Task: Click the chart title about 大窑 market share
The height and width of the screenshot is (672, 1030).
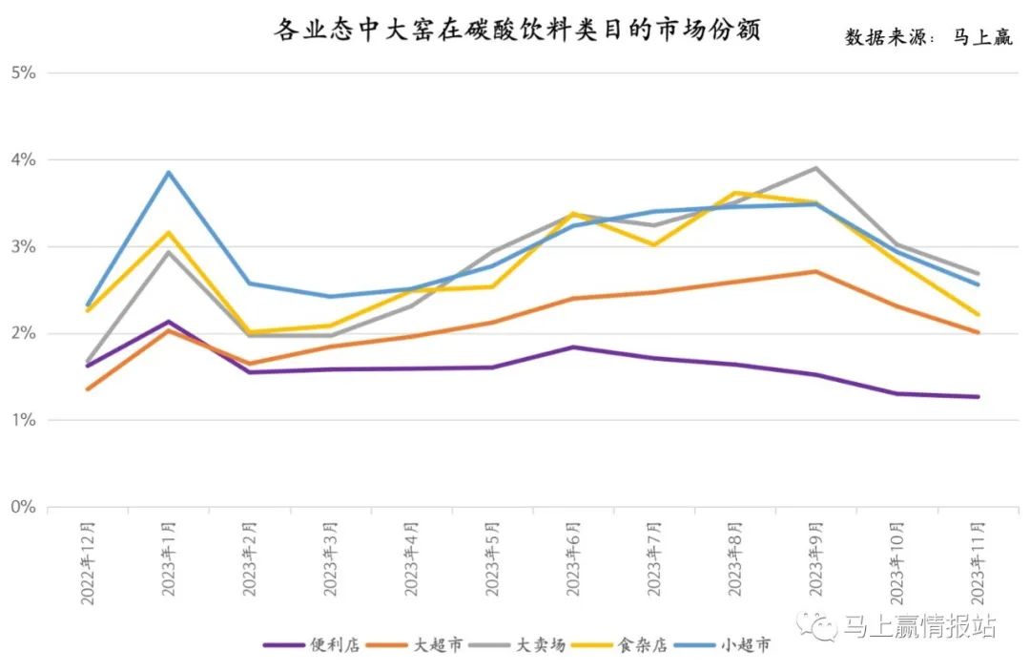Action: (517, 31)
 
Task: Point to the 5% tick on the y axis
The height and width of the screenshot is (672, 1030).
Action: (23, 73)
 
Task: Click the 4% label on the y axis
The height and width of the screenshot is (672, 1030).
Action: (23, 159)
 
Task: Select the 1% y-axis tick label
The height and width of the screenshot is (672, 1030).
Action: (23, 420)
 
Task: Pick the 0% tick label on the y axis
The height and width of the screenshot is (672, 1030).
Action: (23, 507)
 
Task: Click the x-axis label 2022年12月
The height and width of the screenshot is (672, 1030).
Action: (88, 558)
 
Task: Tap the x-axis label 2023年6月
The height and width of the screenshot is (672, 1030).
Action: (573, 558)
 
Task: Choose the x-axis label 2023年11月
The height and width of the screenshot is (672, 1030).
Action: (978, 558)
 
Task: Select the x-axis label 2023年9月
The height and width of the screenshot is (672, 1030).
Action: (815, 558)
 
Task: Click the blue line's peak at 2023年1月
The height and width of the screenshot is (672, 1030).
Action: (169, 173)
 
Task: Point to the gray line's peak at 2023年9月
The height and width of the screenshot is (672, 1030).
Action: (815, 168)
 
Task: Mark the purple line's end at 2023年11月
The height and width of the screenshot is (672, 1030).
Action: (978, 397)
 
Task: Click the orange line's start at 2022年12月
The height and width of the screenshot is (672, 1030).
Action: (88, 389)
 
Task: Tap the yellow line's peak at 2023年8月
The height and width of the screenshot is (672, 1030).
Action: (734, 193)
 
